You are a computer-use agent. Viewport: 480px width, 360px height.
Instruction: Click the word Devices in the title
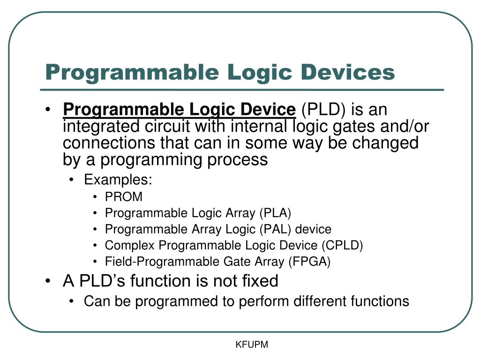coord(347,72)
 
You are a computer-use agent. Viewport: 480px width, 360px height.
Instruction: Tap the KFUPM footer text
coord(252,345)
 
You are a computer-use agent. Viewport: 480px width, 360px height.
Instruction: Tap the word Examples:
coord(118,180)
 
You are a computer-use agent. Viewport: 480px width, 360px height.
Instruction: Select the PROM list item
coord(124,197)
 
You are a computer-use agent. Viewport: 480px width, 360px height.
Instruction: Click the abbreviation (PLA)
coord(275,213)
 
